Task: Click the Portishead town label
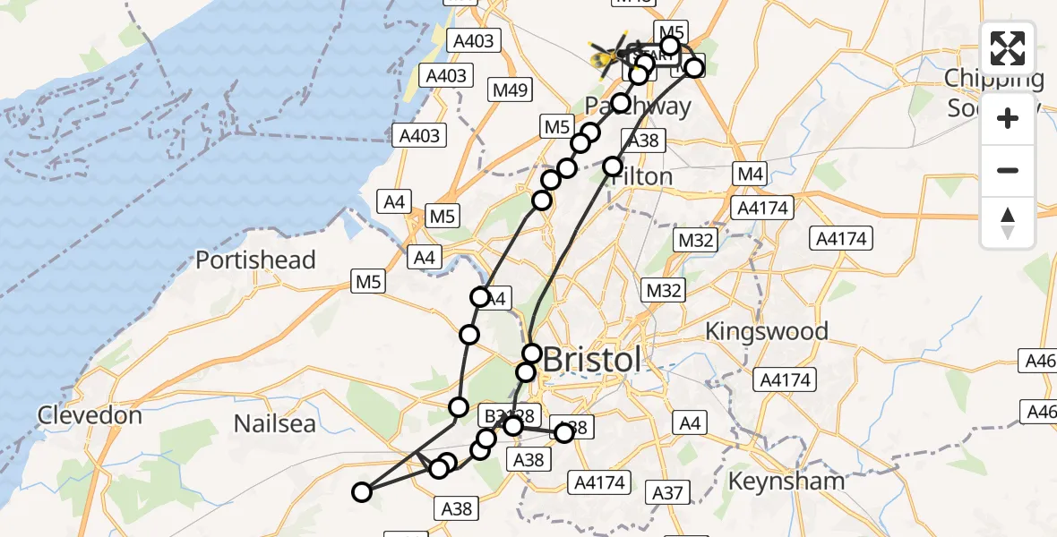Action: [x=255, y=260]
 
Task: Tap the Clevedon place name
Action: [x=90, y=415]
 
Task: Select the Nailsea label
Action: [x=275, y=422]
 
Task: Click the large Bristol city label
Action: [x=593, y=360]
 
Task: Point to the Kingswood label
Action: [x=766, y=331]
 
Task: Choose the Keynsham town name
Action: [x=786, y=481]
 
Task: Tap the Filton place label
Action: [x=641, y=176]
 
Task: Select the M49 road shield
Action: [x=511, y=89]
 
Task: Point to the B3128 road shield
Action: [x=509, y=415]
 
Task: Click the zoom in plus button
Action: [x=1008, y=118]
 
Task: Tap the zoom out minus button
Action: [x=1008, y=170]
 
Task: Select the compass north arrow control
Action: [x=1008, y=223]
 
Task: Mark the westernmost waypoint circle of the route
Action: [x=362, y=491]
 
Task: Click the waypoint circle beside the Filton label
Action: [x=613, y=166]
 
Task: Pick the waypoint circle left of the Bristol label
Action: [x=532, y=354]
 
